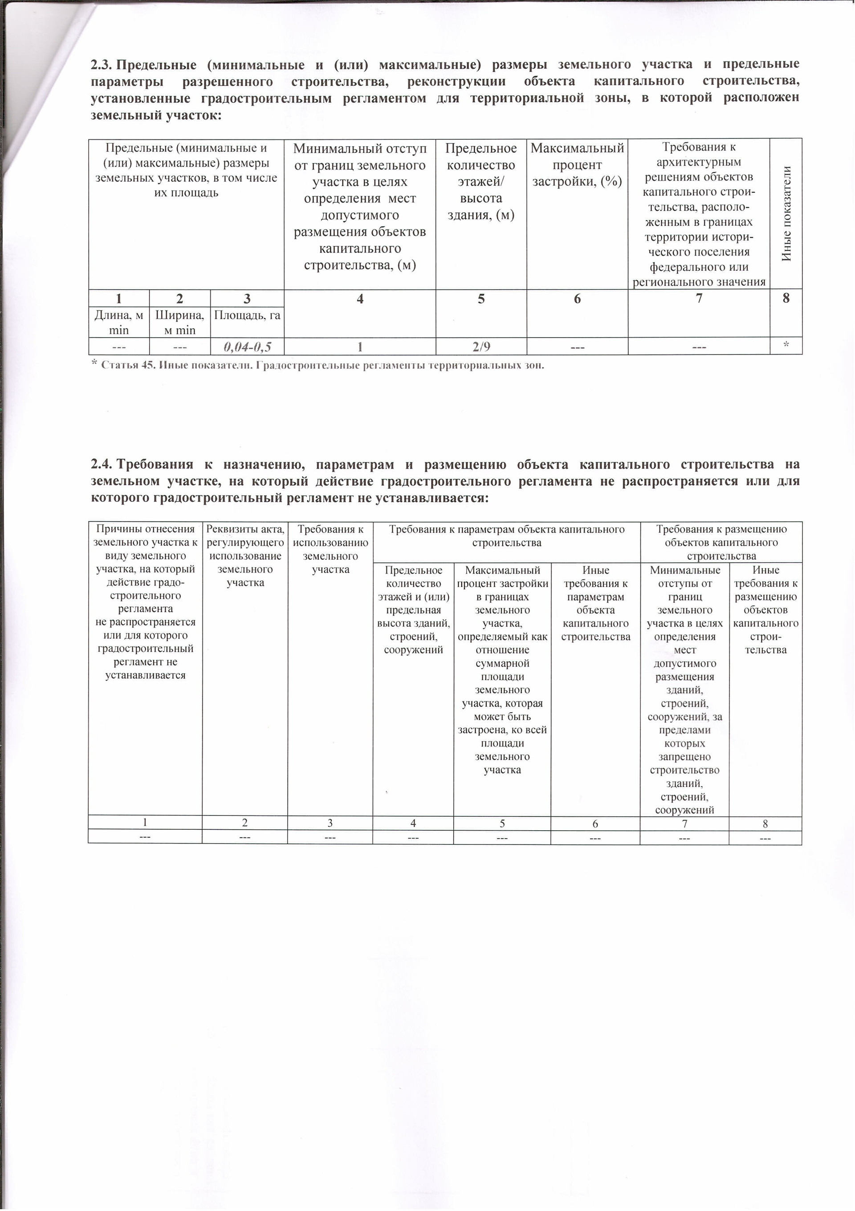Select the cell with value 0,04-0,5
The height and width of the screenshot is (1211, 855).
click(247, 347)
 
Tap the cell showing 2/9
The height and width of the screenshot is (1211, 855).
click(481, 347)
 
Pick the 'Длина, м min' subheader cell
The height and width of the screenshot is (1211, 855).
click(119, 323)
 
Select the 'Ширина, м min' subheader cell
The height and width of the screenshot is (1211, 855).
click(179, 323)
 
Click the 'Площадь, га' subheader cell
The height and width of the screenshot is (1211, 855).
click(247, 316)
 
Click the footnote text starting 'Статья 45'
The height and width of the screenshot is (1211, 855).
click(322, 365)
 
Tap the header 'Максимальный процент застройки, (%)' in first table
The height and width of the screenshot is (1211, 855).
click(577, 164)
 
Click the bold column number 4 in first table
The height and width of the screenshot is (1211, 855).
click(360, 299)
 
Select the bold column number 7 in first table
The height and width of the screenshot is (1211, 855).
click(699, 298)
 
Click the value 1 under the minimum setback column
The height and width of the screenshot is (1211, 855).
click(360, 347)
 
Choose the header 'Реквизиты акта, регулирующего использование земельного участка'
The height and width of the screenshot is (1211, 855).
click(245, 555)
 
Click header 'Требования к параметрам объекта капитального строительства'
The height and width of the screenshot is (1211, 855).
click(506, 535)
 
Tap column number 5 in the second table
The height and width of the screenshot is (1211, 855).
click(502, 824)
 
